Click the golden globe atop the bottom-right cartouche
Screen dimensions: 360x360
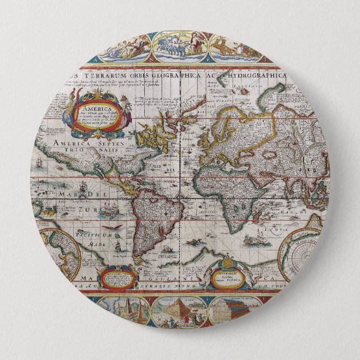228,263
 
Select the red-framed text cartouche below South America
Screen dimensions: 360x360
119,277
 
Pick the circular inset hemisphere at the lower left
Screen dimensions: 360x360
59,252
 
